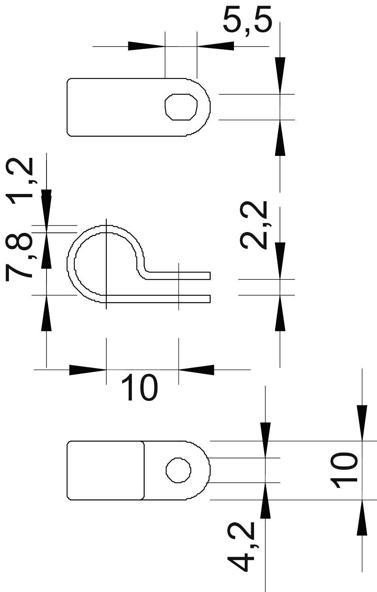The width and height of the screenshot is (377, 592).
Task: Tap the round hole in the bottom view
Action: [178, 471]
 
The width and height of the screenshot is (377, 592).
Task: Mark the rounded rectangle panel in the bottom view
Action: [105, 470]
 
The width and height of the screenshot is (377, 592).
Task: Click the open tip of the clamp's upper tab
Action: [209, 276]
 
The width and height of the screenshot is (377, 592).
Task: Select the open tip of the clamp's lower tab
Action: [209, 299]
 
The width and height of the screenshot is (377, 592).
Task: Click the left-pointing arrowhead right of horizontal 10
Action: [196, 369]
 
